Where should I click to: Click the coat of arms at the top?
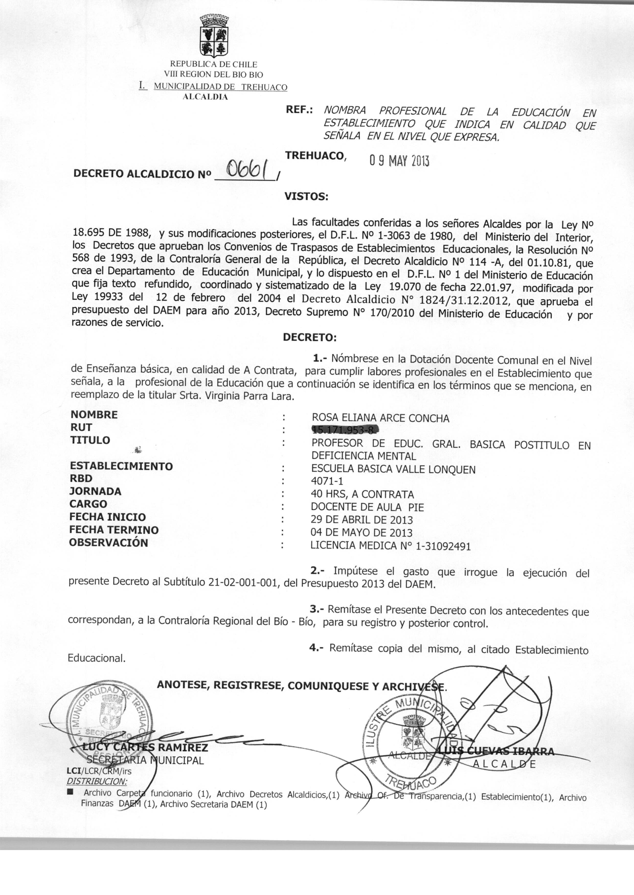pyautogui.click(x=214, y=36)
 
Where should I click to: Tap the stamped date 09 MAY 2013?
pyautogui.click(x=399, y=161)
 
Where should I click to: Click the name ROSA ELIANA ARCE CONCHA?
pyautogui.click(x=380, y=418)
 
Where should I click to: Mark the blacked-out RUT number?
pyautogui.click(x=345, y=430)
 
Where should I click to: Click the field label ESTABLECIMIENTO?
pyautogui.click(x=121, y=466)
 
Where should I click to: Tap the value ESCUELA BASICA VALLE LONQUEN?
pyautogui.click(x=393, y=469)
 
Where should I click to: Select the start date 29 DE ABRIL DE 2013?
pyautogui.click(x=361, y=520)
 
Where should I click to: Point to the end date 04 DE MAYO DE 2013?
pyautogui.click(x=361, y=533)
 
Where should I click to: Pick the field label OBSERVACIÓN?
pyautogui.click(x=109, y=543)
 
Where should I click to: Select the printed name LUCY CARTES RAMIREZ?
pyautogui.click(x=145, y=748)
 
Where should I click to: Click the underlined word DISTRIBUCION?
pyautogui.click(x=97, y=781)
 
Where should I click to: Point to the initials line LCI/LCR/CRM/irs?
pyautogui.click(x=99, y=771)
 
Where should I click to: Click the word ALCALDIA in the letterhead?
pyautogui.click(x=205, y=97)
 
